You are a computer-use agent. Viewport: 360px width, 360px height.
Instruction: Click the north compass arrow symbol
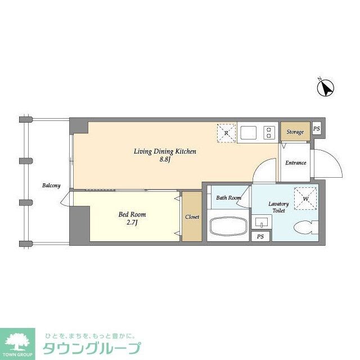coord(326,88)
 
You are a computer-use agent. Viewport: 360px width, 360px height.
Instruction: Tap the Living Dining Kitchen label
coord(164,151)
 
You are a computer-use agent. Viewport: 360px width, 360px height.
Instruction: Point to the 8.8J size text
coord(164,160)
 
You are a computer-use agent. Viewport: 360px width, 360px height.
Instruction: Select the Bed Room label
coord(132,215)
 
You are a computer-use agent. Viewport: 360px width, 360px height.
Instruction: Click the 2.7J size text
coord(132,223)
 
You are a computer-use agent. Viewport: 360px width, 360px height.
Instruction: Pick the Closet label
coord(192,217)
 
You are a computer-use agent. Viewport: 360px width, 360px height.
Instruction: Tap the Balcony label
coord(51,186)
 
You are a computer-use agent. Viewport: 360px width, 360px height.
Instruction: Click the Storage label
coord(295,132)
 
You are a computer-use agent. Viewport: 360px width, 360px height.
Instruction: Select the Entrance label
coord(295,163)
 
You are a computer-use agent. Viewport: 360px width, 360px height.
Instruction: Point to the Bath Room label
coord(229,197)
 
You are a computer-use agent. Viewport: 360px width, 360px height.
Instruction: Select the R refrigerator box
coord(226,133)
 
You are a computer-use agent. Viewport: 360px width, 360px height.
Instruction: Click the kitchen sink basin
coord(248,133)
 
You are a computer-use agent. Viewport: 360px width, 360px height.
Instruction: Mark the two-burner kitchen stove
coord(269,133)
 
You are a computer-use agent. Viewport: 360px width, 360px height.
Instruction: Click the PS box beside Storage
coord(316,128)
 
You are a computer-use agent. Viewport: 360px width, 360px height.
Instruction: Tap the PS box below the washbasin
coord(260,237)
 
